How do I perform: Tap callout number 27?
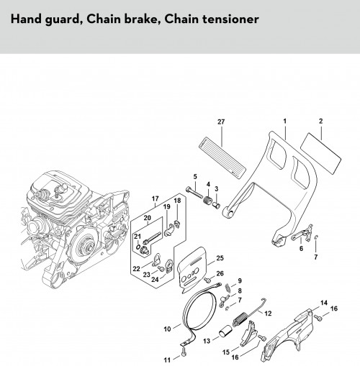click(x=221, y=122)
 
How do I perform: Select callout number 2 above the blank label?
click(x=321, y=121)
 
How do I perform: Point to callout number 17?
click(x=156, y=198)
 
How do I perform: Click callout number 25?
click(x=220, y=258)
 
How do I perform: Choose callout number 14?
click(x=324, y=303)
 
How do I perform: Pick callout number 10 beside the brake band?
click(x=167, y=329)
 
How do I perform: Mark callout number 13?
click(x=207, y=341)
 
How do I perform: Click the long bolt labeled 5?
click(x=196, y=193)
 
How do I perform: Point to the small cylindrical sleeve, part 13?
click(x=225, y=331)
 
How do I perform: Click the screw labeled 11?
click(x=184, y=352)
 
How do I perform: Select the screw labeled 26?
click(x=207, y=280)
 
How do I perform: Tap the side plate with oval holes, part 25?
click(x=194, y=270)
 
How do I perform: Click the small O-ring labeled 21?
click(x=138, y=247)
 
